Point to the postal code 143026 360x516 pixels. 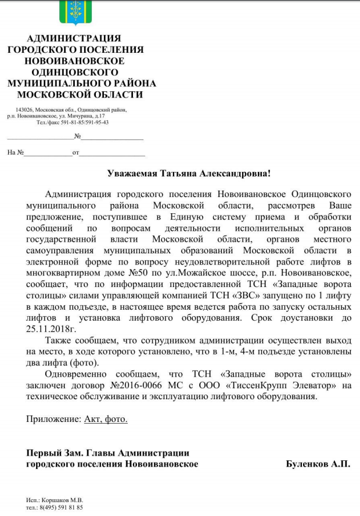coord(25,110)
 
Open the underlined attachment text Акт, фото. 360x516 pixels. coord(106,418)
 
